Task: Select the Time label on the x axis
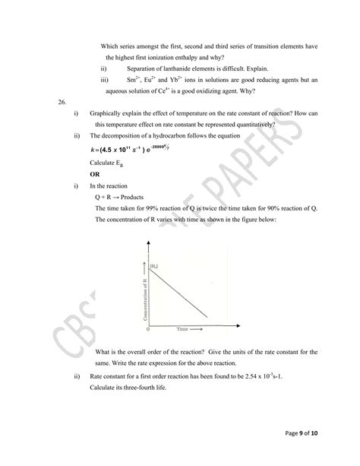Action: click(x=182, y=331)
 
